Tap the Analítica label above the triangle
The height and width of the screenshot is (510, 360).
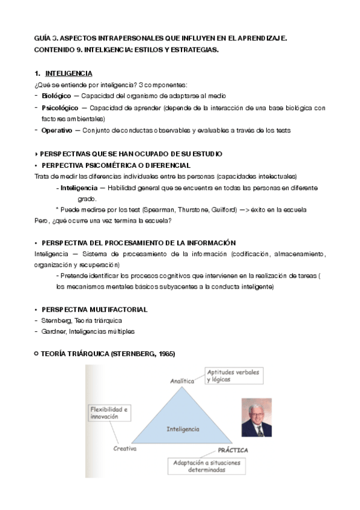[x=183, y=381]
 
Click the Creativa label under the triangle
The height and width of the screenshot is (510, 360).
[x=125, y=449]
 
